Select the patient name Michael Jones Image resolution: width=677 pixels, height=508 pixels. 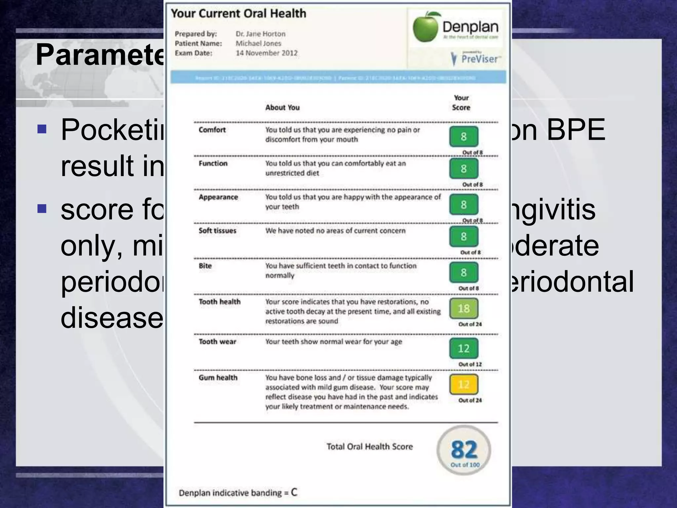pyautogui.click(x=258, y=43)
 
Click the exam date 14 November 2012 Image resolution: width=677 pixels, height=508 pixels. pyautogui.click(x=266, y=53)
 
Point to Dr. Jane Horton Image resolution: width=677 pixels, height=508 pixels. pyautogui.click(x=260, y=34)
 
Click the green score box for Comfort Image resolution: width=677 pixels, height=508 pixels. pyautogui.click(x=463, y=137)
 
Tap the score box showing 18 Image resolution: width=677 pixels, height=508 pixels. pyautogui.click(x=463, y=309)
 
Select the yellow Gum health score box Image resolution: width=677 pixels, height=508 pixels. pyautogui.click(x=463, y=384)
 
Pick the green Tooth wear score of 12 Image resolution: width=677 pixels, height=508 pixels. pyautogui.click(x=463, y=348)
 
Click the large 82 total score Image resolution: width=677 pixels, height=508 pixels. pyautogui.click(x=464, y=449)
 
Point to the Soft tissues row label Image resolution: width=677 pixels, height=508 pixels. pyautogui.click(x=217, y=231)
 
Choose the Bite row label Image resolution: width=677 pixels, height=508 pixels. pyautogui.click(x=205, y=266)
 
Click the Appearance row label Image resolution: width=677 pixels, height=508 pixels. pyautogui.click(x=218, y=197)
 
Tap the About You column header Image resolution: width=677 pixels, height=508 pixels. pyautogui.click(x=282, y=107)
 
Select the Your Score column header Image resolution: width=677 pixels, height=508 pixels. pyautogui.click(x=461, y=103)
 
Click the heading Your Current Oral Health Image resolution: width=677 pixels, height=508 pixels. pyautogui.click(x=238, y=14)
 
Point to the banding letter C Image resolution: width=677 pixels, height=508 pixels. pyautogui.click(x=294, y=492)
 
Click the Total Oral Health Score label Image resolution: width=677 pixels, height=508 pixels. pyautogui.click(x=370, y=446)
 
